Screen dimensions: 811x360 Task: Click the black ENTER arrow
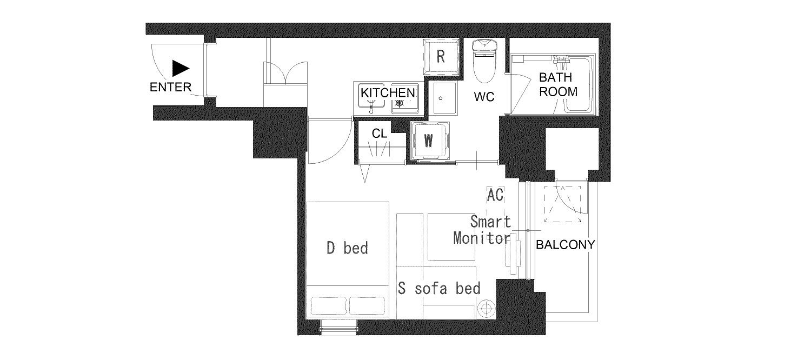[x=180, y=69]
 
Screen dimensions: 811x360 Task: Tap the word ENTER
[x=170, y=87]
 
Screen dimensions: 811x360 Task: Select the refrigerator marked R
[x=441, y=57]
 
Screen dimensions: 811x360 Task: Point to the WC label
[x=484, y=97]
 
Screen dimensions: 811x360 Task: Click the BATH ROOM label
[x=558, y=84]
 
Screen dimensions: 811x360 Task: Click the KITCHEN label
[x=388, y=92]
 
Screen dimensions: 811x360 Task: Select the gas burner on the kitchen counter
[x=400, y=103]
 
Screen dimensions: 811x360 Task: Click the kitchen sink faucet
[x=371, y=107]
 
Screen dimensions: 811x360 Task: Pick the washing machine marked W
[x=430, y=141]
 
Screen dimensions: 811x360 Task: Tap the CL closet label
[x=380, y=134]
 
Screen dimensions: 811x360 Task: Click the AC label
[x=495, y=195]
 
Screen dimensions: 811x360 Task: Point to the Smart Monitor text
[x=482, y=230]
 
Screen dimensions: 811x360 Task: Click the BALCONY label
[x=565, y=245]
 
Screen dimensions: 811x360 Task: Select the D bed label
[x=347, y=248]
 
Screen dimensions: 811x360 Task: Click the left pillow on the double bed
[x=329, y=306]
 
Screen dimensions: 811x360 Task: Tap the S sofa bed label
[x=439, y=288]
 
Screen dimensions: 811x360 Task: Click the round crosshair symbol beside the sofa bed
[x=486, y=309]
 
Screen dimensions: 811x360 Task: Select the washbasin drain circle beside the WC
[x=441, y=98]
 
